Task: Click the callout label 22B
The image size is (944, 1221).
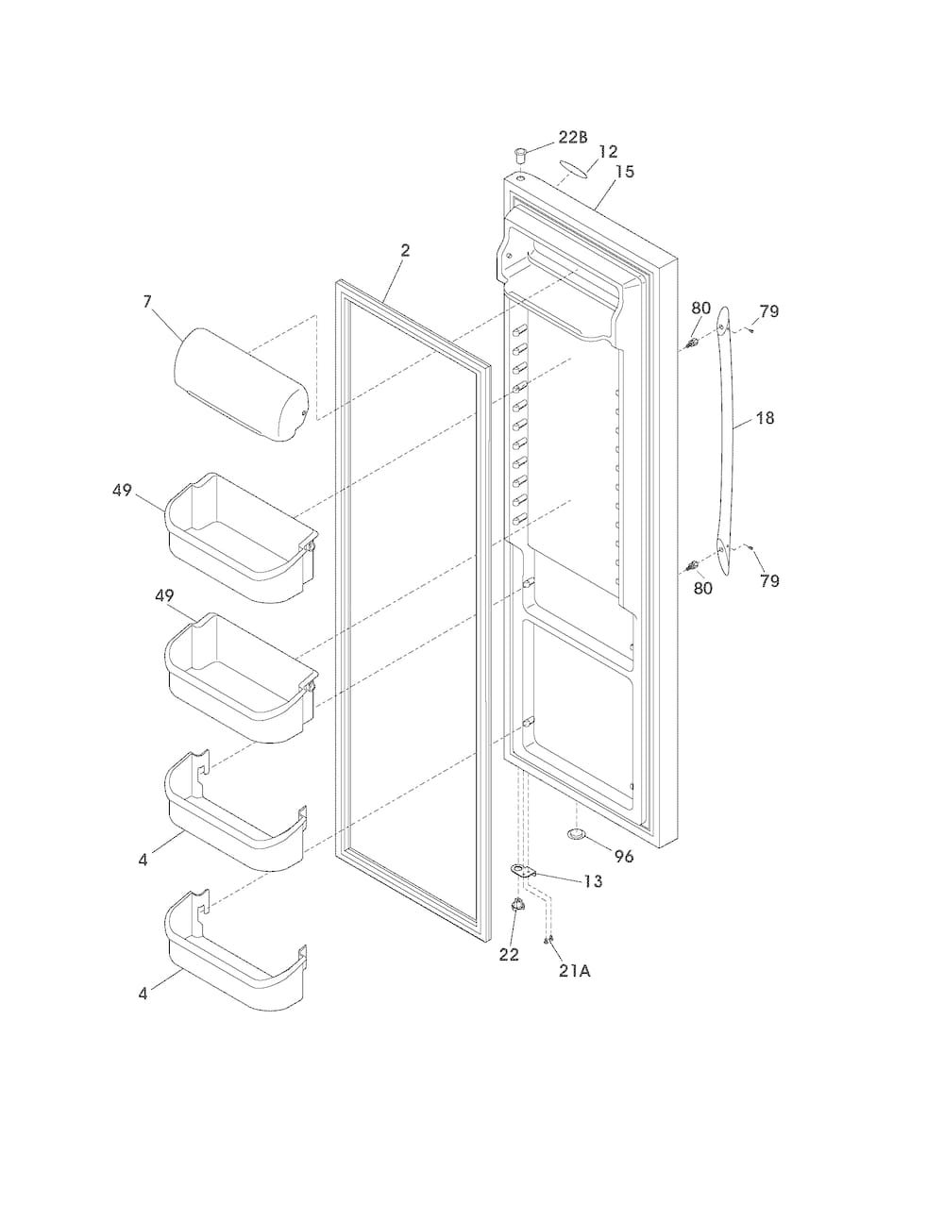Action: [573, 137]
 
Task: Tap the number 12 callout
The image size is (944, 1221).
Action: [608, 152]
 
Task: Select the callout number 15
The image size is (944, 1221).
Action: [624, 172]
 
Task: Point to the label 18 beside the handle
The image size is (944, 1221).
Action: [766, 418]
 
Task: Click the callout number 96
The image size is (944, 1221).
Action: [624, 857]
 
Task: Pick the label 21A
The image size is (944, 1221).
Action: [575, 971]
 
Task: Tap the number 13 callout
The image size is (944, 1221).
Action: [593, 881]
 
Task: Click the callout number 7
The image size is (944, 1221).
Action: [147, 302]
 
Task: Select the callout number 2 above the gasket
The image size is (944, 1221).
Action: [405, 251]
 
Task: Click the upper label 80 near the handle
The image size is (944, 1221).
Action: [701, 308]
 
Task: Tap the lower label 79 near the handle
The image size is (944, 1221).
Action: [769, 581]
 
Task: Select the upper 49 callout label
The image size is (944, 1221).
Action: [122, 491]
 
